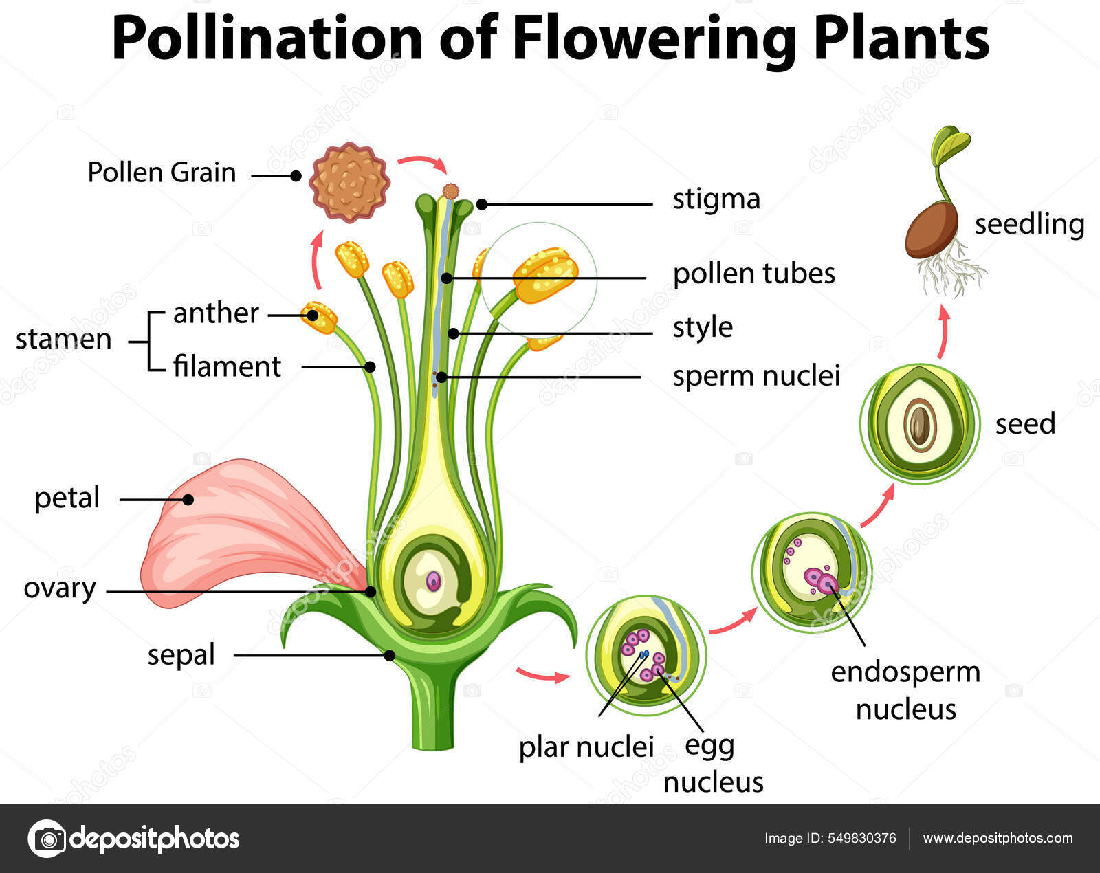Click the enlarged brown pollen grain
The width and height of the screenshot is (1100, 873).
coord(349,182)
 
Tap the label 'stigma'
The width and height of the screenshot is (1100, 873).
coord(716,199)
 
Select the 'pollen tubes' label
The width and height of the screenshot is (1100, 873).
coord(753,274)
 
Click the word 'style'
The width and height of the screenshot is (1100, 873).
coord(702,327)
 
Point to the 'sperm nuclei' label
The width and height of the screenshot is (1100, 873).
coord(756,376)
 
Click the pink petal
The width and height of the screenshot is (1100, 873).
coord(234,529)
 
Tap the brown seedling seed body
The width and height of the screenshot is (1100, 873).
coord(932,230)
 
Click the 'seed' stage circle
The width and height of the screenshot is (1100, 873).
coord(920,424)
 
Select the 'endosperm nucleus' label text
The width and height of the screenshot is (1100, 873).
coord(905,690)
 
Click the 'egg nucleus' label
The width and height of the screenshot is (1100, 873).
coord(713,763)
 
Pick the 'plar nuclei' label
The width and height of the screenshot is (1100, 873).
coord(586,747)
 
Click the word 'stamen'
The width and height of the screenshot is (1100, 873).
coord(63,340)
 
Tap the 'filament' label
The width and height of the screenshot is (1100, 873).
coord(227,366)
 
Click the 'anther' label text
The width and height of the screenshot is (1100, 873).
coord(216,313)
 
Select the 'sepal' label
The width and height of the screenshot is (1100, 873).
coord(181,654)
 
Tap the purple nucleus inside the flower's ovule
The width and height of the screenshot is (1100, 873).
coord(433,582)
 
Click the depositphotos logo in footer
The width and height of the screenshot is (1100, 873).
coord(134,839)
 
